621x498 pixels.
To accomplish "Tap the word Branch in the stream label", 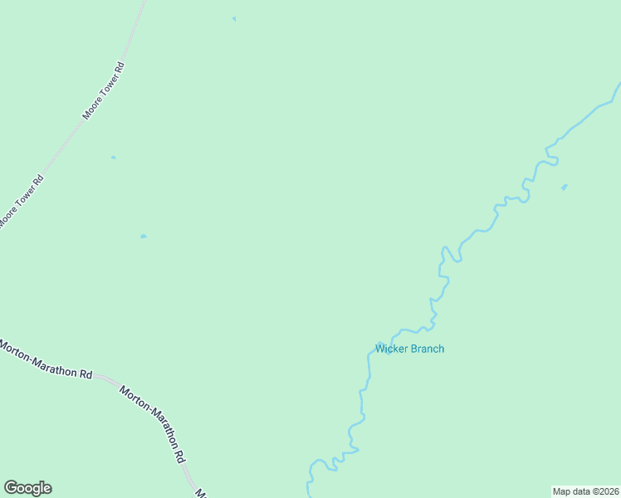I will (x=427, y=349).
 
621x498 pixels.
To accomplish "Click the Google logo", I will (x=27, y=488).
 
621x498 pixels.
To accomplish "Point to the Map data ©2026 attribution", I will (x=585, y=491).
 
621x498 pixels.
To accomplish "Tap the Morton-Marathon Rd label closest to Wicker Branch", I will (x=152, y=422).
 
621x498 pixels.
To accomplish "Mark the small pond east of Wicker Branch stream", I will (x=565, y=188).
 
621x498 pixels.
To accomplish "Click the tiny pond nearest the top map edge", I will (x=234, y=18).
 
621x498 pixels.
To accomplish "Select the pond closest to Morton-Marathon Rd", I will (x=144, y=237).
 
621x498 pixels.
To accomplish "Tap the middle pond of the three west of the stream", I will (x=113, y=157).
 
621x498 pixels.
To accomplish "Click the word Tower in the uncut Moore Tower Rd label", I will (x=104, y=90).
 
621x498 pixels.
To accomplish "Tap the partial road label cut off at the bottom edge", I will (x=200, y=493).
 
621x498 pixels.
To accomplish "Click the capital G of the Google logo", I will (x=12, y=487).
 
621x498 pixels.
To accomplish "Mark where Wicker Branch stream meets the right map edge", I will (x=619, y=85).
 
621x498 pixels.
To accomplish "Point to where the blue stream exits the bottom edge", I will (x=310, y=496).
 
